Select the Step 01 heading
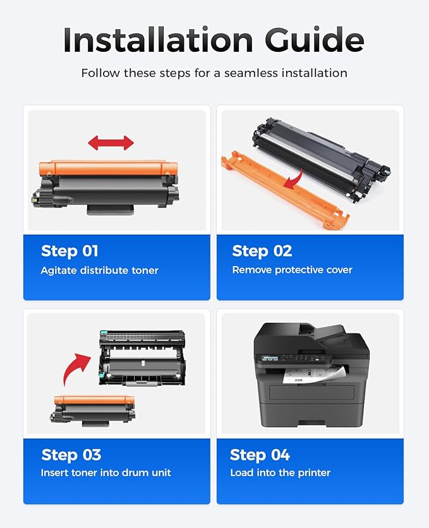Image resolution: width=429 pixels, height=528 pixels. point(69,251)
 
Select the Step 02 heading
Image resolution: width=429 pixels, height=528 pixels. point(262,251)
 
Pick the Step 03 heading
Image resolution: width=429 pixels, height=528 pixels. point(71,455)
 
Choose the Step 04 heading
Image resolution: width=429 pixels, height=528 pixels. point(260,455)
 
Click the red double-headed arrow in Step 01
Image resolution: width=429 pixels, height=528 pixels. point(111,143)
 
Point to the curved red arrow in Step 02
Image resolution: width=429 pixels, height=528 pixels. point(292,182)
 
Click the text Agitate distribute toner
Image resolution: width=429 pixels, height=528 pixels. point(99,270)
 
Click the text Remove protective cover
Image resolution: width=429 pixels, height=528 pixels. point(292,270)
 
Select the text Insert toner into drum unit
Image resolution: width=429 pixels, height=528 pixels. point(106,472)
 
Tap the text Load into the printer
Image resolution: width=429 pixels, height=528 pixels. point(280,472)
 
